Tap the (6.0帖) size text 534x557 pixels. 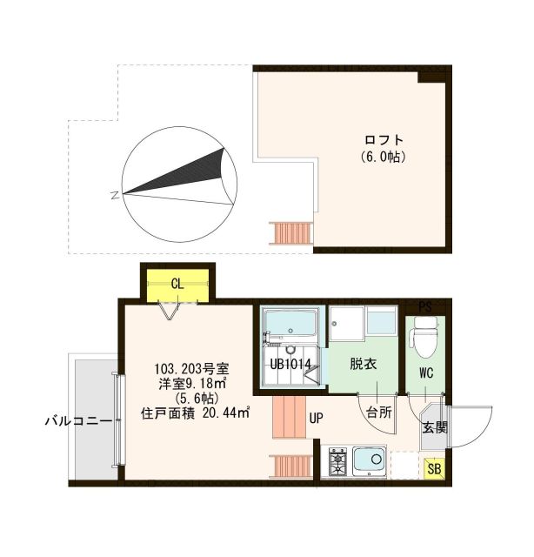pyautogui.click(x=384, y=158)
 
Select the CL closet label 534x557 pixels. pyautogui.click(x=177, y=283)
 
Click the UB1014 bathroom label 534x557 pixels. pyautogui.click(x=290, y=364)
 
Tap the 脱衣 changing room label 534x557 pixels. pyautogui.click(x=364, y=365)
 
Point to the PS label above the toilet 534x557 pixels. pyautogui.click(x=424, y=306)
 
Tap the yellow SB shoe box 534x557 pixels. pyautogui.click(x=432, y=469)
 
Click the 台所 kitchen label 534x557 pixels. pyautogui.click(x=378, y=411)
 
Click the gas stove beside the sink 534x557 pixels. pyautogui.click(x=337, y=461)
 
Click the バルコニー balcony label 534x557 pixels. pyautogui.click(x=79, y=421)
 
